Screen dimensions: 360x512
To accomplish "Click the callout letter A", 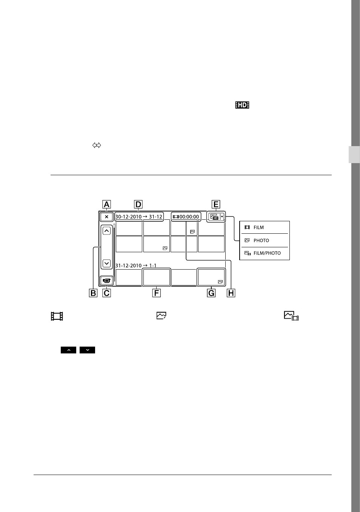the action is click(106, 204).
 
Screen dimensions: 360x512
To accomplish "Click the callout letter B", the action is click(93, 293).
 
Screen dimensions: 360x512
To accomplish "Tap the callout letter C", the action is click(107, 293).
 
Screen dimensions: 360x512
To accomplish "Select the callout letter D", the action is click(138, 204).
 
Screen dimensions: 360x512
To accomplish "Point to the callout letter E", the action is click(216, 204).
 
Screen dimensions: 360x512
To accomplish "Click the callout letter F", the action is click(157, 293).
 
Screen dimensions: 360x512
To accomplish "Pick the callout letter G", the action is click(211, 293).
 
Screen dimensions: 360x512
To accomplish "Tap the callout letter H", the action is click(231, 293).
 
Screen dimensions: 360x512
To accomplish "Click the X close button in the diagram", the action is click(106, 217).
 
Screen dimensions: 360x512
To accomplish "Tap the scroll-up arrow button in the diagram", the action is click(107, 231).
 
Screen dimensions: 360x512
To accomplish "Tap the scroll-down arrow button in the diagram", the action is click(107, 263).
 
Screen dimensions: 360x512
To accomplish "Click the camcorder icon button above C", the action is click(107, 281).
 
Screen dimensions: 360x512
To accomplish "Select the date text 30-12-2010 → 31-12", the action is click(139, 217).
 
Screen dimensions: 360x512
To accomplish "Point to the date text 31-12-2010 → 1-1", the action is click(136, 265).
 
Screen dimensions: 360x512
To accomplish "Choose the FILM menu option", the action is click(258, 227).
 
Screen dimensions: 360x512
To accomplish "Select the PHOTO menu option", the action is click(261, 241).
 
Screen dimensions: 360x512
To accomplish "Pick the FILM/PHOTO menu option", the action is click(267, 253).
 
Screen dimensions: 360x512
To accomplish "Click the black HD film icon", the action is click(242, 105).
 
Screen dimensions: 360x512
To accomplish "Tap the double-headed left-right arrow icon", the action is click(97, 145).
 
